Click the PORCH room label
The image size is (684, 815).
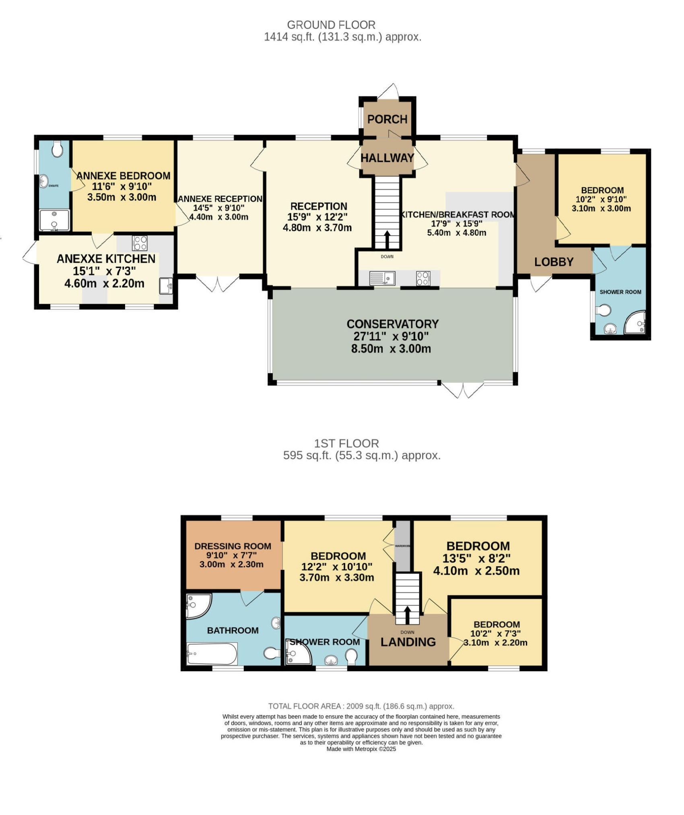(387, 119)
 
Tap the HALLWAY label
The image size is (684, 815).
(387, 158)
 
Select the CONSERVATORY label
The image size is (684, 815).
(392, 324)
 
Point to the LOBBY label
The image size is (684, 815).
(554, 262)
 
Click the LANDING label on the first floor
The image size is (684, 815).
(408, 642)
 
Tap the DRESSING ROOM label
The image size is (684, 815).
(233, 546)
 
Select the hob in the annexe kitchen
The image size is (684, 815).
(140, 243)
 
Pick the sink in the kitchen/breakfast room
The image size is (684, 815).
(382, 278)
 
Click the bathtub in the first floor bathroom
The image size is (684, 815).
(212, 654)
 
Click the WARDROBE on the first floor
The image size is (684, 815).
(402, 546)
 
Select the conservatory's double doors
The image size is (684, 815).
(462, 390)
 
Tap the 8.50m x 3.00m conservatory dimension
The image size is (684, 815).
(391, 349)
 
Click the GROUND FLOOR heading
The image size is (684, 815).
(331, 25)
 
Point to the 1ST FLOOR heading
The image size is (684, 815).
(346, 444)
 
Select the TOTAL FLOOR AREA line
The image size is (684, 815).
(361, 706)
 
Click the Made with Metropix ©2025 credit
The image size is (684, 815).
(361, 749)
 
